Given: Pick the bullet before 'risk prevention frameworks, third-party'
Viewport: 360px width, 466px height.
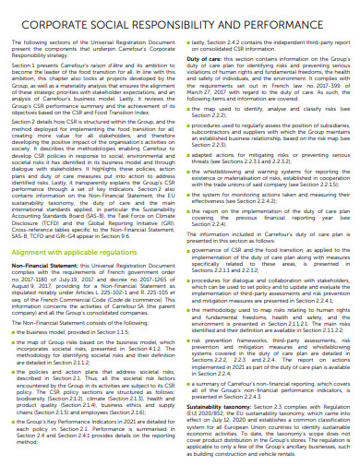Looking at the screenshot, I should click(187, 339).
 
